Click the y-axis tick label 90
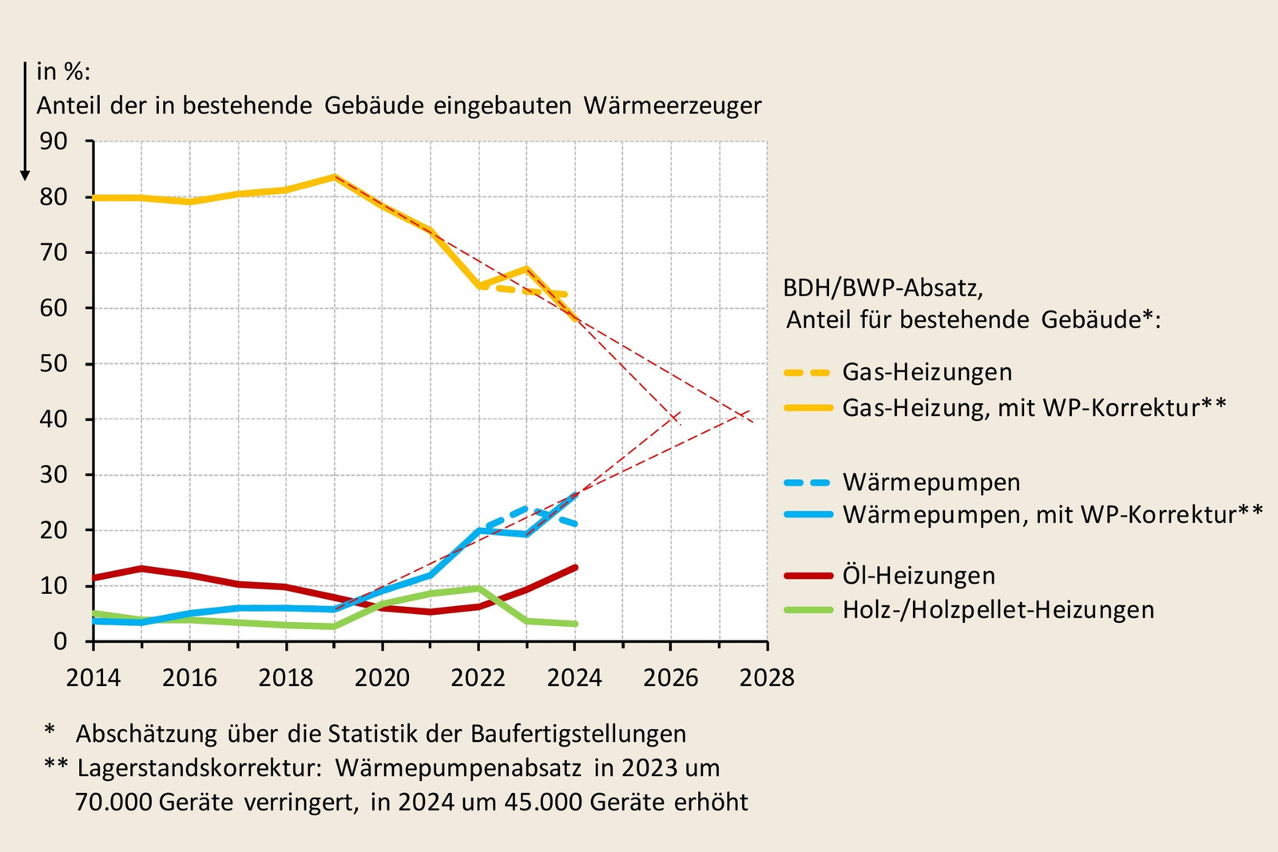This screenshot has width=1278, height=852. pos(54,141)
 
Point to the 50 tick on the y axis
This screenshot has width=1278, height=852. pos(54,363)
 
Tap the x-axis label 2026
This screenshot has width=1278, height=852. pos(670,678)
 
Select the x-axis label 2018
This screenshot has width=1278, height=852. pos(285,678)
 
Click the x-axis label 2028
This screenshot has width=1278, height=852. pos(767,678)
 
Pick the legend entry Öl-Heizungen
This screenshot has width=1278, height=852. pos(919,576)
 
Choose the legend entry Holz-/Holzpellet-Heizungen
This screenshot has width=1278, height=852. pos(998,610)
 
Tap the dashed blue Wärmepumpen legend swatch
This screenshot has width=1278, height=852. pos(808,482)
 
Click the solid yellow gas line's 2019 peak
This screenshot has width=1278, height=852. pos(335,176)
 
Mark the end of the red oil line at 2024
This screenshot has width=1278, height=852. pos(575,568)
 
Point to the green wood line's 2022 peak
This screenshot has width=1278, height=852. pos(478,588)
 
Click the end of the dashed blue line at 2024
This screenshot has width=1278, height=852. pos(575,524)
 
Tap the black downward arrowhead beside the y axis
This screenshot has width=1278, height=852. pos(25,175)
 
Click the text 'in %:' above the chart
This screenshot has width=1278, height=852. pos(63,72)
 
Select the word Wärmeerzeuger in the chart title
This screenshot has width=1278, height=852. pos(673,105)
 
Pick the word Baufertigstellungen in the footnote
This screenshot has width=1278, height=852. pos(578,734)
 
